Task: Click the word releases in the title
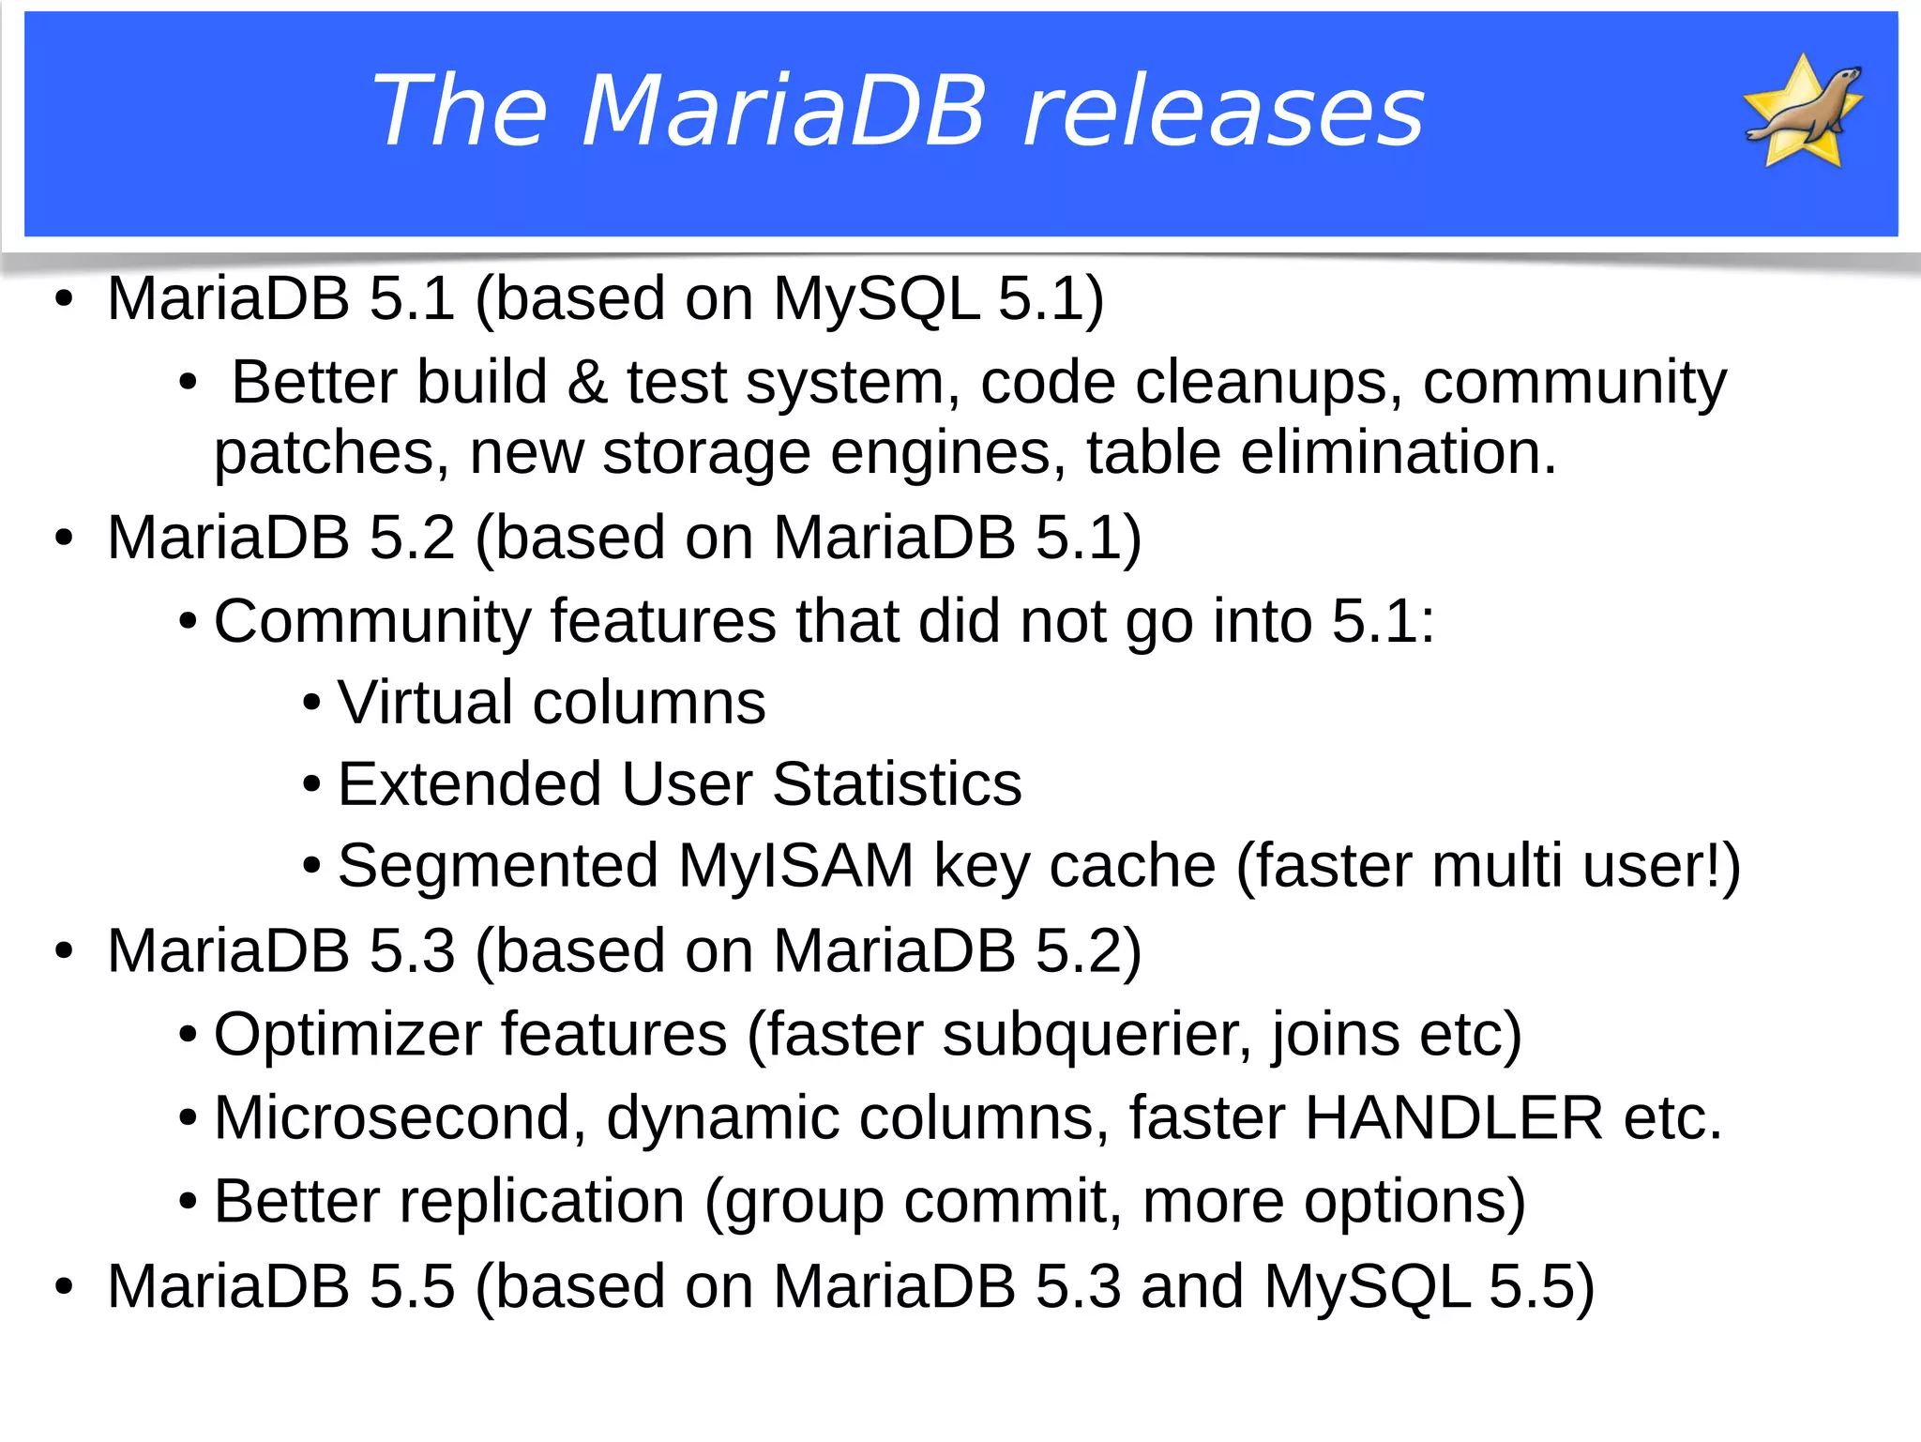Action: (1223, 113)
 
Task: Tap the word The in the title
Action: (460, 113)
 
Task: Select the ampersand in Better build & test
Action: (587, 383)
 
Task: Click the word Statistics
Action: (897, 784)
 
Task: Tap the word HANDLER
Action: (1453, 1118)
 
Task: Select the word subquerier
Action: (1096, 1036)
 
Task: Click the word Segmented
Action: (497, 865)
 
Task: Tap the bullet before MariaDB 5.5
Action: (64, 1287)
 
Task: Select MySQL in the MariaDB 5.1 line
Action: (875, 300)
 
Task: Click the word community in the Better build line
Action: (1574, 383)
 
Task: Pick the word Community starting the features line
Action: (372, 622)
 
